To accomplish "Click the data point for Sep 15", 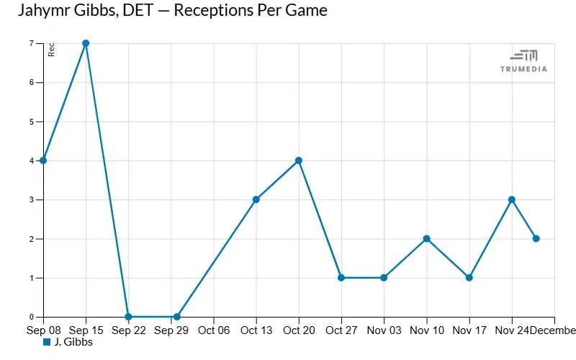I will pyautogui.click(x=86, y=43).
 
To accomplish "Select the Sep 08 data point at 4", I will pyautogui.click(x=43, y=161).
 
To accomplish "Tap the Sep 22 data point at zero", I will pyautogui.click(x=128, y=317).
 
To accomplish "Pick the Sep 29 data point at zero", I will pyautogui.click(x=176, y=317).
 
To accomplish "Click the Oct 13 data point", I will pyautogui.click(x=256, y=199).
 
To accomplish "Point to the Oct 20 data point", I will pyautogui.click(x=298, y=161).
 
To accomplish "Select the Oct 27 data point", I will pyautogui.click(x=341, y=278).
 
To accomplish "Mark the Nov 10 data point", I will pyautogui.click(x=427, y=238).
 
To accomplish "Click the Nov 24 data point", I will pyautogui.click(x=512, y=199).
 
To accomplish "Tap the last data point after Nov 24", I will pyautogui.click(x=536, y=238).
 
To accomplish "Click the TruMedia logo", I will pyautogui.click(x=523, y=60).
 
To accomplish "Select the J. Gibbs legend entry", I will pyautogui.click(x=68, y=342).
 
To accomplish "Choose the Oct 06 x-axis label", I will pyautogui.click(x=213, y=330).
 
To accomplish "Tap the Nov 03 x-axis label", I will pyautogui.click(x=384, y=330).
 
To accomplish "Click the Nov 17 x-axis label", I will pyautogui.click(x=469, y=330).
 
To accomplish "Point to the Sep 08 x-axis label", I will pyautogui.click(x=43, y=330).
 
